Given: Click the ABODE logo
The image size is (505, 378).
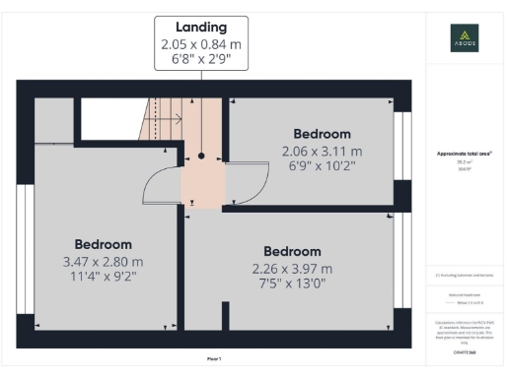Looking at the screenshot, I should (464, 39).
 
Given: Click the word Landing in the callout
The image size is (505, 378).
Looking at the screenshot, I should (201, 28).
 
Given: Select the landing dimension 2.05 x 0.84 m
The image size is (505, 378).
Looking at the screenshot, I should (200, 44).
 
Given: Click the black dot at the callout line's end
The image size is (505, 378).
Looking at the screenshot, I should (200, 156).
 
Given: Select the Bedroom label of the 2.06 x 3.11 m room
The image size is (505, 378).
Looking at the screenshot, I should (322, 134).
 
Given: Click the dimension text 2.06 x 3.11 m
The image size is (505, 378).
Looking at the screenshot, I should (322, 151).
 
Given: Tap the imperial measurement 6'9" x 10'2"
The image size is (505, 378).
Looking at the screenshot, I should (322, 166).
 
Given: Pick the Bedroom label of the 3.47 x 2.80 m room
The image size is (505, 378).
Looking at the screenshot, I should (104, 245).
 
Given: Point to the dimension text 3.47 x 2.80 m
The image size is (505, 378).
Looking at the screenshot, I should (104, 262).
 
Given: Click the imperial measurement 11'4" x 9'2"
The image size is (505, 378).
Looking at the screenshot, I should (104, 278).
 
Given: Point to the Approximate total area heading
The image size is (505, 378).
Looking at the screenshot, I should (464, 154).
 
